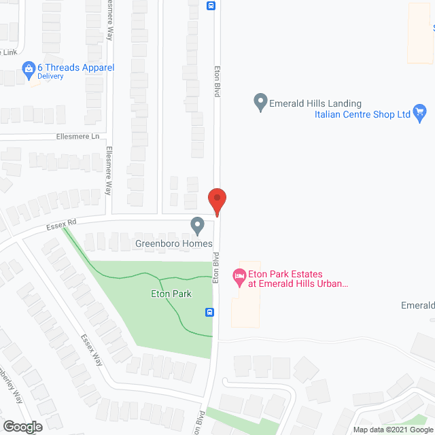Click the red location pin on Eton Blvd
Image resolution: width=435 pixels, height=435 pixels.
pyautogui.click(x=216, y=201)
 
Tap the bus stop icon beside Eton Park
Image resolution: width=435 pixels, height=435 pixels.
pyautogui.click(x=211, y=313)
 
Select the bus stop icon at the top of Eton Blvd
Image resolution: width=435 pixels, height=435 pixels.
pyautogui.click(x=211, y=6)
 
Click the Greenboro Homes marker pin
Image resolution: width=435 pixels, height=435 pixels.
pyautogui.click(x=197, y=224)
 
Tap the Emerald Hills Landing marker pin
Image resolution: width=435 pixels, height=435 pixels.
pyautogui.click(x=260, y=103)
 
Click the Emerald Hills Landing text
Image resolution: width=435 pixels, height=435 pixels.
pyautogui.click(x=315, y=103)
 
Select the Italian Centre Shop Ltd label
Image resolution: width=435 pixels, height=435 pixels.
pyautogui.click(x=362, y=115)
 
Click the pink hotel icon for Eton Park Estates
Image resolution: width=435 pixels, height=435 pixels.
pyautogui.click(x=239, y=275)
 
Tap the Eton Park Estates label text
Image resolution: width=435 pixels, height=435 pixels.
pyautogui.click(x=298, y=279)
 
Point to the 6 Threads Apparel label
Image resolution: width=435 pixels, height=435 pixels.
pyautogui.click(x=75, y=67)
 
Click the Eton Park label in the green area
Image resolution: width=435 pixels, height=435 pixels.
pyautogui.click(x=171, y=294)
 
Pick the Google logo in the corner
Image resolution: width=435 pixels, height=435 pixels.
pyautogui.click(x=22, y=427)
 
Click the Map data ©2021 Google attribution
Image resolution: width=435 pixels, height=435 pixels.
pyautogui.click(x=392, y=430)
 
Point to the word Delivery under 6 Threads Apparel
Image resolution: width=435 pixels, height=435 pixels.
pyautogui.click(x=50, y=76)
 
